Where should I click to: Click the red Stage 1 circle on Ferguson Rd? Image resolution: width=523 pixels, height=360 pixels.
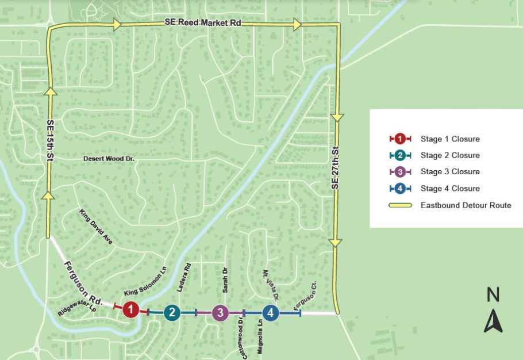(x=131, y=310)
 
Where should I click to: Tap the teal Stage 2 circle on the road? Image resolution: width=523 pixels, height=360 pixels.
(x=172, y=313)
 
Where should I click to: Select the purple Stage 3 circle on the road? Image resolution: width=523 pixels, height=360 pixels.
(x=220, y=313)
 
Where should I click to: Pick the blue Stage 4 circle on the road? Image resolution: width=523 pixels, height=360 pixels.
(x=271, y=313)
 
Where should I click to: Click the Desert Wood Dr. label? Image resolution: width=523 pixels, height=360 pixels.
(x=109, y=158)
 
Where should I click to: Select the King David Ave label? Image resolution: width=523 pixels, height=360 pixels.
(x=97, y=227)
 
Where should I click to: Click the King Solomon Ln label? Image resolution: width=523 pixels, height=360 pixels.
(x=141, y=282)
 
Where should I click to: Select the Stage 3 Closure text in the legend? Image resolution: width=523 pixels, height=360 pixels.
(x=449, y=172)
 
